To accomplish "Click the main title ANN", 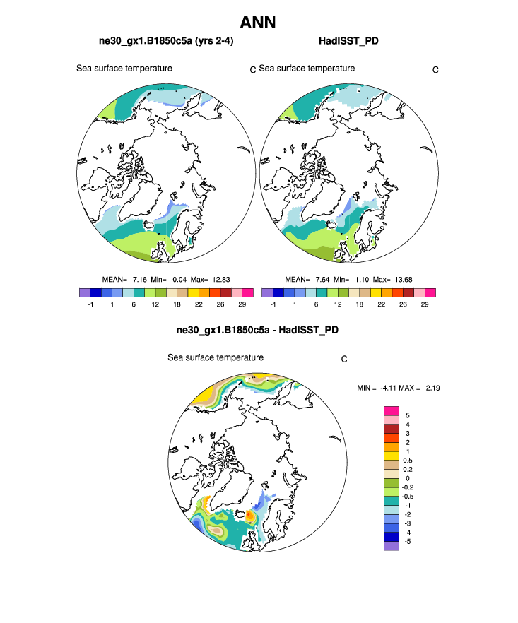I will pyautogui.click(x=258, y=23).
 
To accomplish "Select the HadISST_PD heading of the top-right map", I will pyautogui.click(x=348, y=41).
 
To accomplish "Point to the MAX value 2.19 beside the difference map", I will pyautogui.click(x=432, y=388).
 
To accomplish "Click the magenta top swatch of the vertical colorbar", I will pyautogui.click(x=392, y=411).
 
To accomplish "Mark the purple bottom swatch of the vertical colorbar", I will pyautogui.click(x=392, y=545).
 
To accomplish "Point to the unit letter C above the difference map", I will pyautogui.click(x=343, y=359).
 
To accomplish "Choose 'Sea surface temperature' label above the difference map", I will pyautogui.click(x=216, y=357).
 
